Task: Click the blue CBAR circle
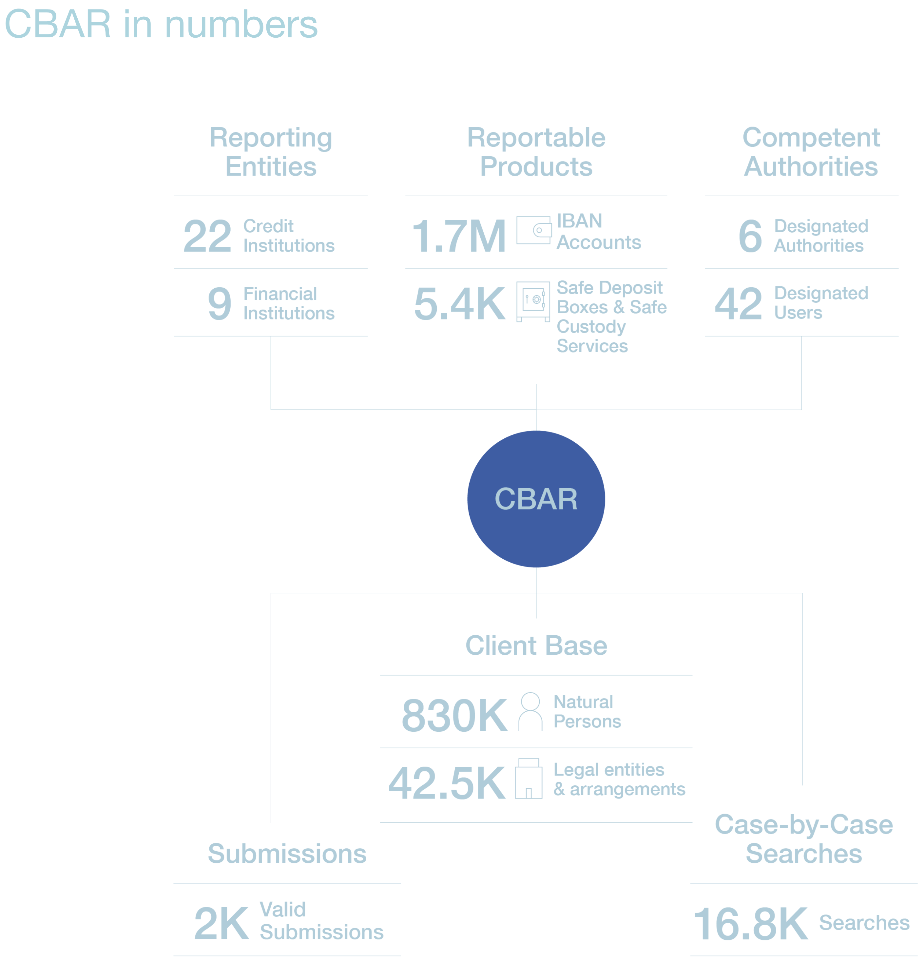coord(536,499)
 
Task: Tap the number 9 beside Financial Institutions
coord(219,304)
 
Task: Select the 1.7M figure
coord(459,237)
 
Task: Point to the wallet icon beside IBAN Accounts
coord(533,230)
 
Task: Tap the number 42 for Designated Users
coord(739,304)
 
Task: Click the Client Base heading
coord(536,645)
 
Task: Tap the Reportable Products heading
coord(536,152)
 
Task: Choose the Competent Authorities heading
coord(811,152)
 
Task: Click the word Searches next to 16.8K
coord(864,923)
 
